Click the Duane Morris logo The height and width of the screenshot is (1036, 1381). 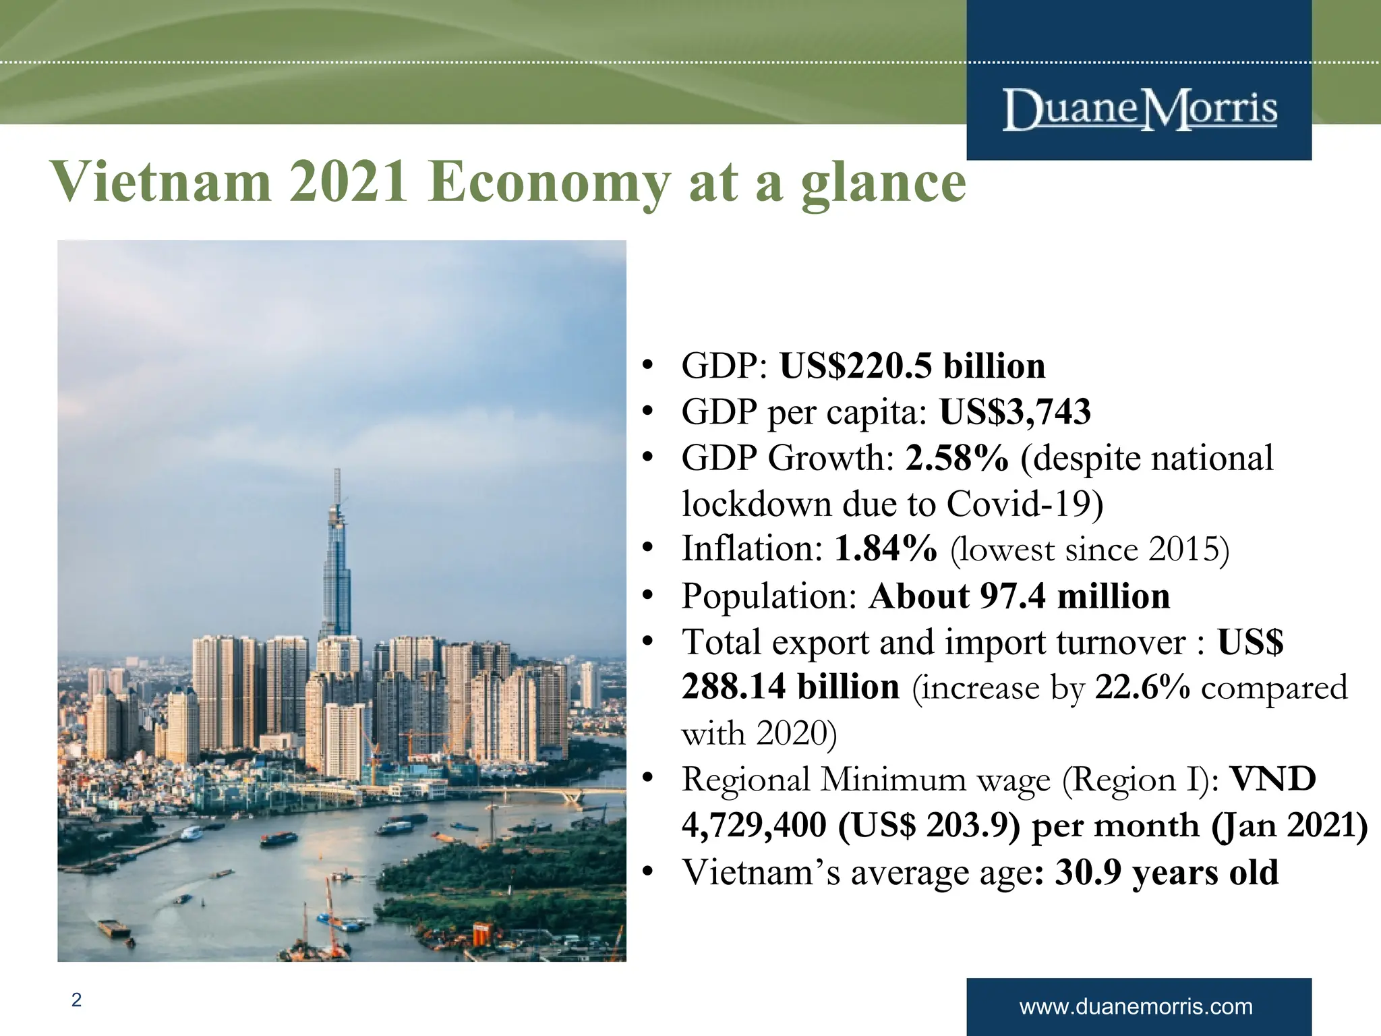(x=1140, y=109)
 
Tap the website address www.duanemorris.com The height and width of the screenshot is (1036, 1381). (x=1136, y=1007)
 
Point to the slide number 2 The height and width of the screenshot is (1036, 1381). (x=76, y=1000)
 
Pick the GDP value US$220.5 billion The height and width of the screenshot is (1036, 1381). (x=912, y=366)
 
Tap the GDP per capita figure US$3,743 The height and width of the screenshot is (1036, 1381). (x=1015, y=412)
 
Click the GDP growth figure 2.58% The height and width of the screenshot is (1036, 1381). (x=956, y=458)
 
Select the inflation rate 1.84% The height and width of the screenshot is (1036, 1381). (x=885, y=548)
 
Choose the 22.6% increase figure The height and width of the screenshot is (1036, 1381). (x=1142, y=687)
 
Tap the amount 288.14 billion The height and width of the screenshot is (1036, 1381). (x=790, y=687)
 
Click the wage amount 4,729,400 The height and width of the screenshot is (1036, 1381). (x=754, y=825)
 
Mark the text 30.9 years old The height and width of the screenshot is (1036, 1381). (x=1166, y=872)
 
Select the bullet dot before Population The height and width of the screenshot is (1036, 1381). (x=648, y=596)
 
